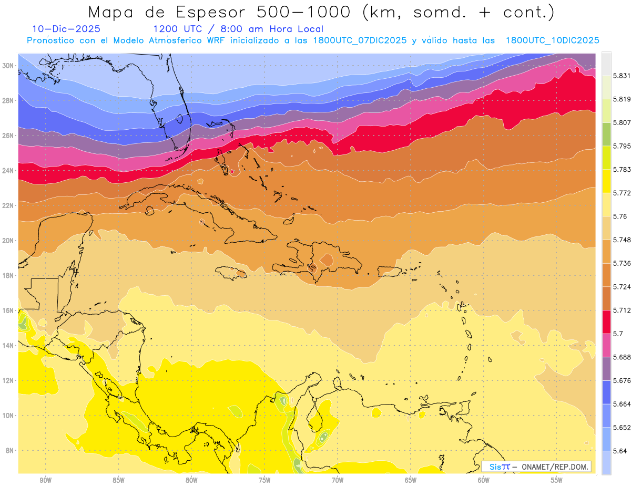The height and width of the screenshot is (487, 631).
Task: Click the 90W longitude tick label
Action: point(45,480)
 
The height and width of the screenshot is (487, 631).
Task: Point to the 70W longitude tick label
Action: point(338,480)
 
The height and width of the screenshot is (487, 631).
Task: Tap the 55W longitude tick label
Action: point(557,480)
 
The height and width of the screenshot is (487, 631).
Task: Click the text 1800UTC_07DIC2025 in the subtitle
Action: point(360,40)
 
